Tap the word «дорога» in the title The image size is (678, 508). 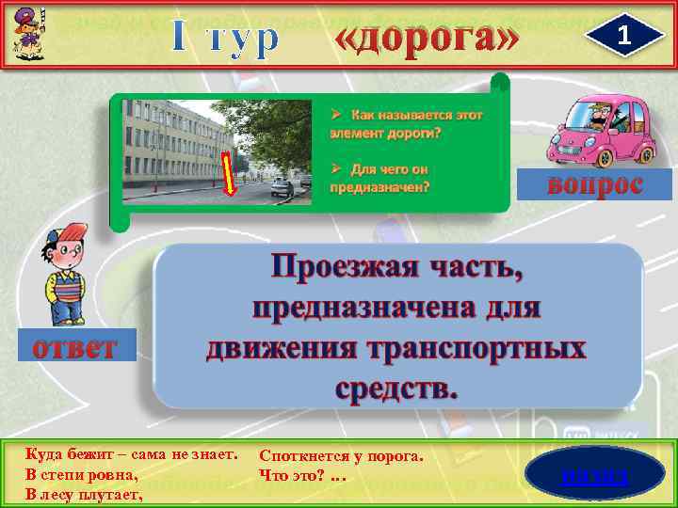(x=428, y=38)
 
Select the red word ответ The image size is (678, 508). (x=75, y=347)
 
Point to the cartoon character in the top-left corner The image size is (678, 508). (x=25, y=32)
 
